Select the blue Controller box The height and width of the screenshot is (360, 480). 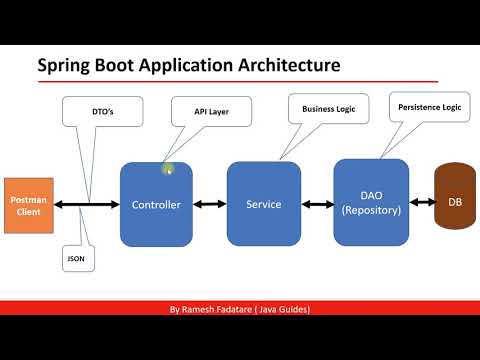156,204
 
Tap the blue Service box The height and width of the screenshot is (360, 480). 263,204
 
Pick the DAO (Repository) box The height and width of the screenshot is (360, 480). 371,203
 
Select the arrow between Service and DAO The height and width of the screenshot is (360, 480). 318,204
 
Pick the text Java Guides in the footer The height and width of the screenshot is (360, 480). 285,310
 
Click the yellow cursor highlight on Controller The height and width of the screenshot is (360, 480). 168,170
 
